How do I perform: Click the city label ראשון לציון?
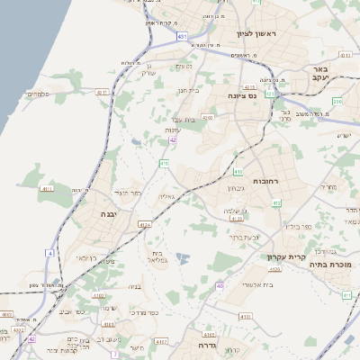pyautogui.click(x=260, y=33)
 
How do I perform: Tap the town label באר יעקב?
pyautogui.click(x=318, y=74)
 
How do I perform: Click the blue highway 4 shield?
pyautogui.click(x=50, y=254)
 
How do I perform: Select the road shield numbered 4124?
pyautogui.click(x=145, y=224)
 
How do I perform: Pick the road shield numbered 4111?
pyautogui.click(x=48, y=188)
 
